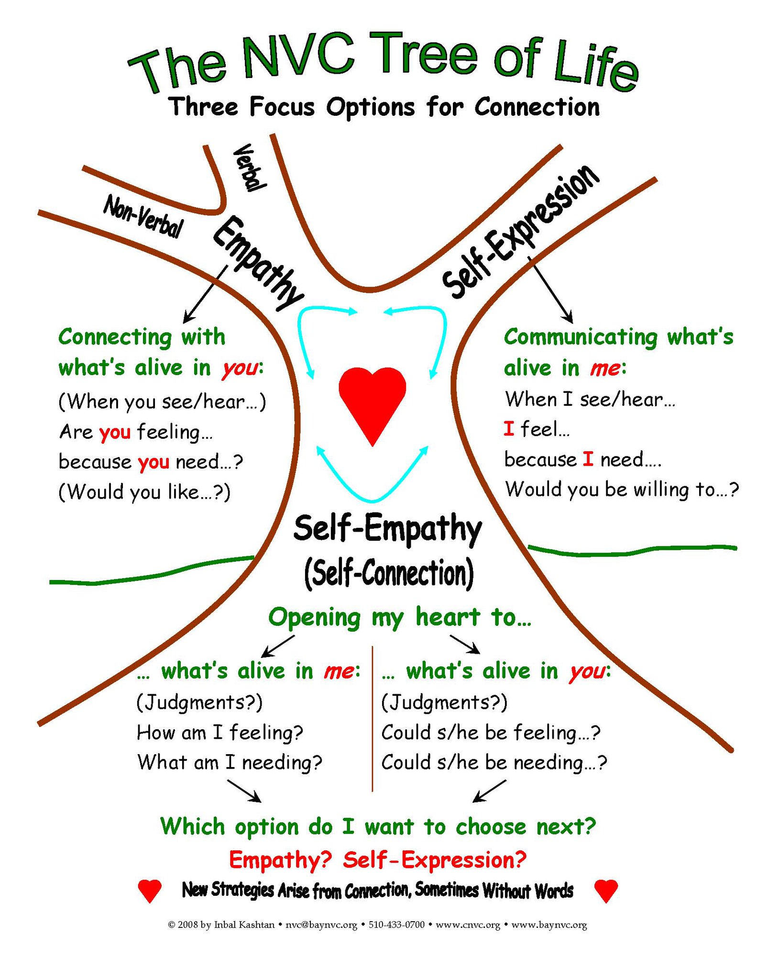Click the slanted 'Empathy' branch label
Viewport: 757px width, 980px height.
[258, 263]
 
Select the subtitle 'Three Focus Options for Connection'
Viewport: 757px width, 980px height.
[385, 107]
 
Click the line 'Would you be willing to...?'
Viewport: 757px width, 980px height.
[622, 490]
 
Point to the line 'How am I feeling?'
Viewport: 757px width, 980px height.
[220, 733]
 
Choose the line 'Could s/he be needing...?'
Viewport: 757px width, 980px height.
[494, 762]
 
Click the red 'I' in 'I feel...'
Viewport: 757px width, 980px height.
[509, 428]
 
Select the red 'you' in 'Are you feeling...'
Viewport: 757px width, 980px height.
[115, 432]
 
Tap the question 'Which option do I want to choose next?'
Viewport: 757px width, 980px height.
[378, 826]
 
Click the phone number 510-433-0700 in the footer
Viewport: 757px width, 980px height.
[397, 924]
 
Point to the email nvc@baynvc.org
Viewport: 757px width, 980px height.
[321, 924]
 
